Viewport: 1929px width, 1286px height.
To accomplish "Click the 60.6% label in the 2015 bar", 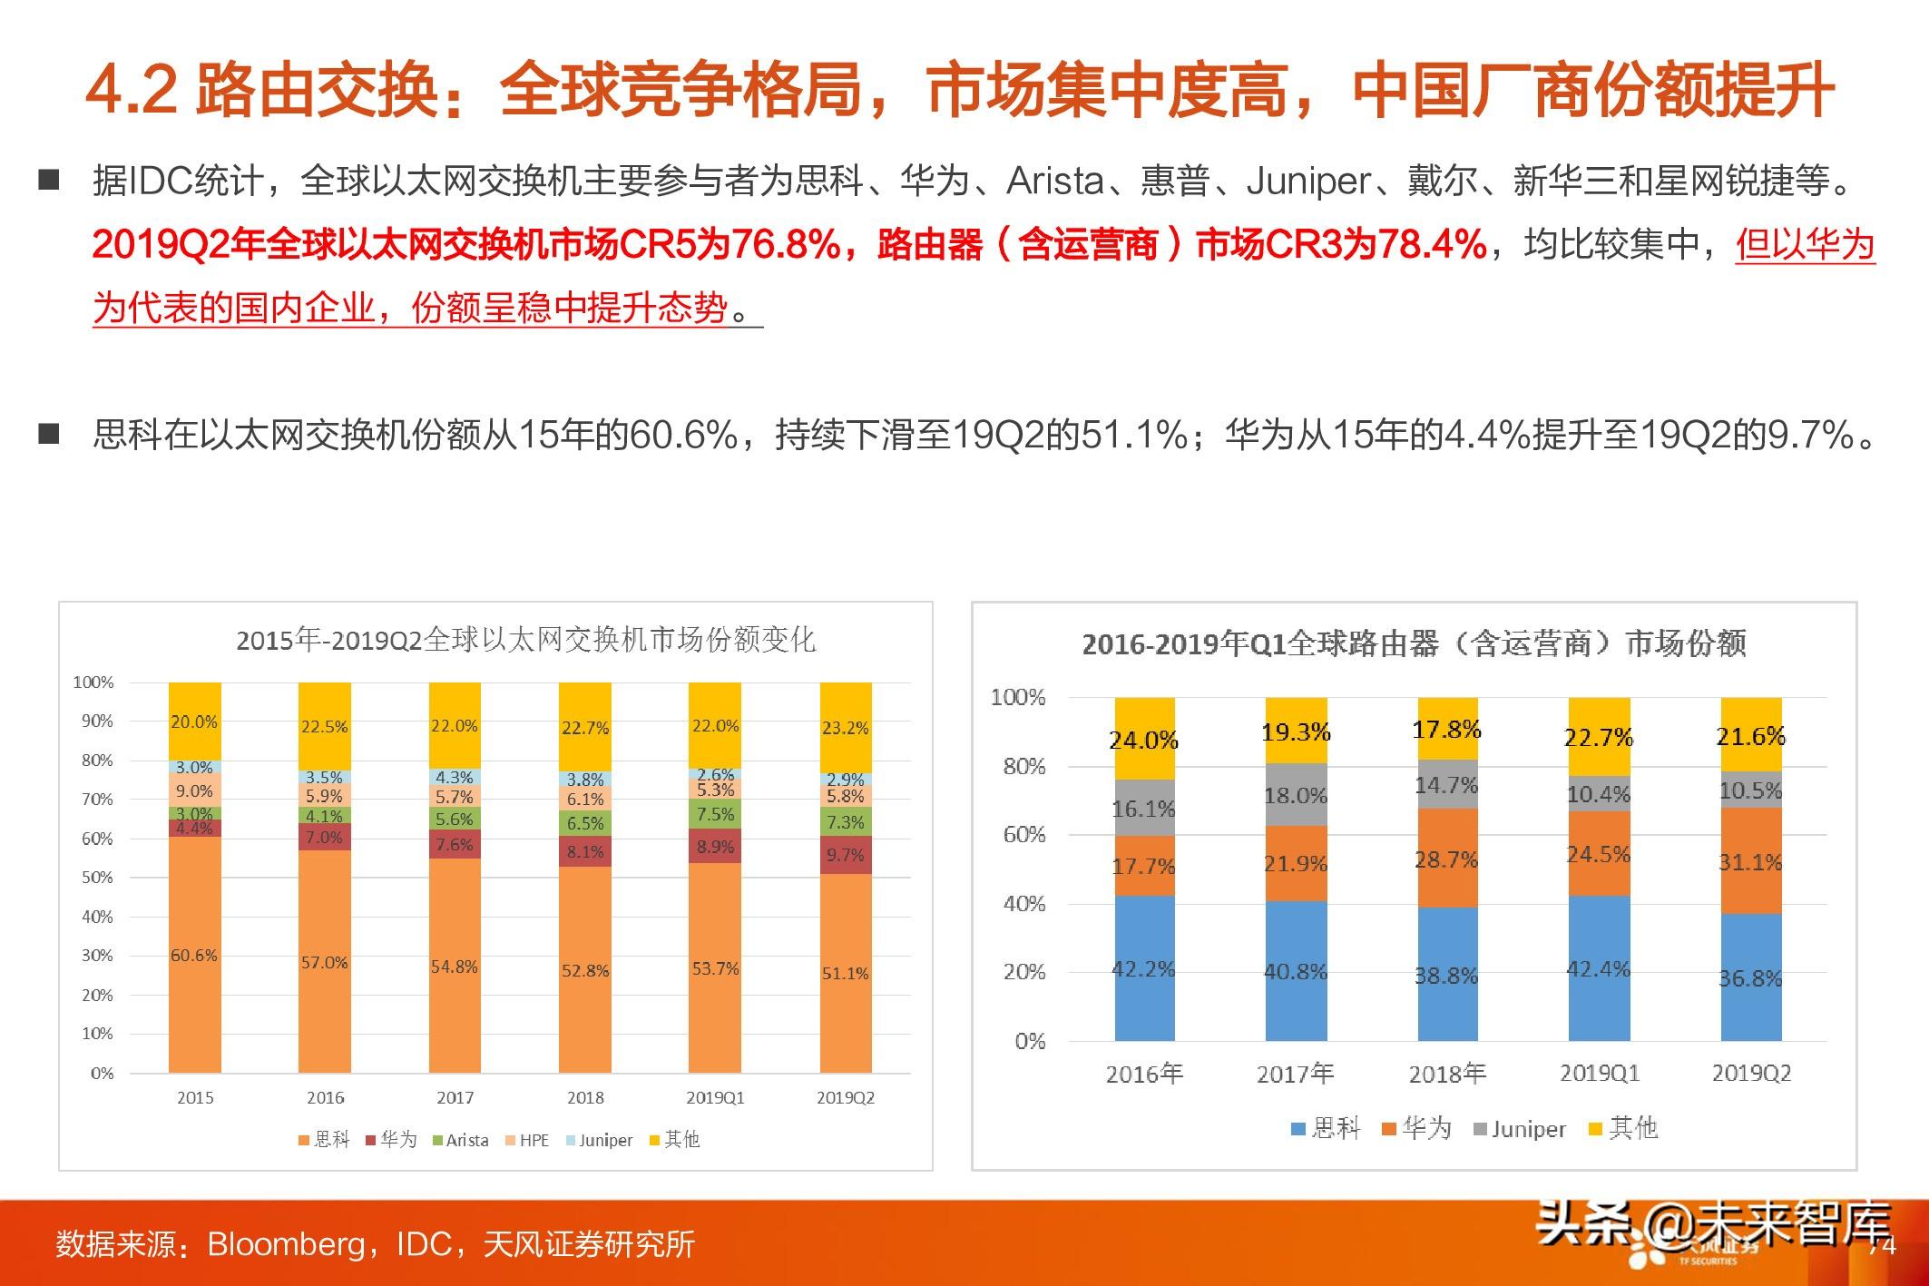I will [x=194, y=955].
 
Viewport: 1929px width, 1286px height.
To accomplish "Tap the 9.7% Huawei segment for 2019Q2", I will [x=846, y=855].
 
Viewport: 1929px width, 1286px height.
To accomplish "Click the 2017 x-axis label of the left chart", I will [x=455, y=1097].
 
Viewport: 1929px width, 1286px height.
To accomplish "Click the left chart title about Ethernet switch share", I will [x=525, y=641].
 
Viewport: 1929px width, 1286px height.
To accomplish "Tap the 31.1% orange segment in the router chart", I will [x=1750, y=862].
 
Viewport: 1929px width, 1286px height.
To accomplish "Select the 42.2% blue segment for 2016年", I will [x=1143, y=968].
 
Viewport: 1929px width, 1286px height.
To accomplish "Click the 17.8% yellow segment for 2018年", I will [x=1446, y=730].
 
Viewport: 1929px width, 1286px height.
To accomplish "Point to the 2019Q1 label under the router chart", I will [x=1599, y=1073].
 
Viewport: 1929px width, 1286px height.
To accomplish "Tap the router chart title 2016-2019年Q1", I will [x=1414, y=643].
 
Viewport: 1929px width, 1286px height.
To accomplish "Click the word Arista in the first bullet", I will [x=1055, y=182].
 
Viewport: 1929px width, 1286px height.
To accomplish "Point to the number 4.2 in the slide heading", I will [x=131, y=91].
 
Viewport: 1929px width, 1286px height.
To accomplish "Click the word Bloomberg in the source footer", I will [x=286, y=1243].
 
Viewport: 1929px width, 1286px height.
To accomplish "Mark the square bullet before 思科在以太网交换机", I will [x=49, y=434].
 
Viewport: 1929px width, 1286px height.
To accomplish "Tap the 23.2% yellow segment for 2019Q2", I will [x=846, y=728].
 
